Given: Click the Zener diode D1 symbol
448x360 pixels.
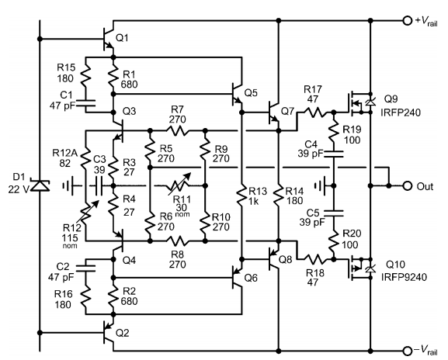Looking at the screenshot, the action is (40, 185).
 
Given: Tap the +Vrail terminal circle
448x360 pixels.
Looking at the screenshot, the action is (407, 20).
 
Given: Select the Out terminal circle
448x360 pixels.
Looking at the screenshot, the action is (408, 186).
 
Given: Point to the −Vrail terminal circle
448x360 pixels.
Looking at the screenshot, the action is (407, 351).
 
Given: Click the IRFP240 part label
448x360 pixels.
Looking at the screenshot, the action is (401, 112).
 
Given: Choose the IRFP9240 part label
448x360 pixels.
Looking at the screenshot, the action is (404, 277).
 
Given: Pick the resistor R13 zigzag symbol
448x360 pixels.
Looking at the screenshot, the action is (241, 196).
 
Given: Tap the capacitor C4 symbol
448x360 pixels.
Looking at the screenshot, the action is (333, 154).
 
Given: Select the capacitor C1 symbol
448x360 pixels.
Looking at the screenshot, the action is (85, 102).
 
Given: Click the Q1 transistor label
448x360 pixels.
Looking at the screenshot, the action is (122, 38).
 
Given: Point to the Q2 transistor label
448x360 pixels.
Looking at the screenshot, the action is (122, 333).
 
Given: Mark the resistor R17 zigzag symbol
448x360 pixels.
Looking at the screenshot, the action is (313, 112).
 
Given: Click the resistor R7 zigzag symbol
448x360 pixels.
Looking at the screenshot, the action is (178, 131).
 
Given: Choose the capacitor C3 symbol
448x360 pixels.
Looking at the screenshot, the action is (99, 186).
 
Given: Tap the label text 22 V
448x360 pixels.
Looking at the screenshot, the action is (18, 189).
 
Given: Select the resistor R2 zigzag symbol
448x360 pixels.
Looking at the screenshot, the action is (113, 296).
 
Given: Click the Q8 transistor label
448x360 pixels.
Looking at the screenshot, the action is (285, 259).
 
